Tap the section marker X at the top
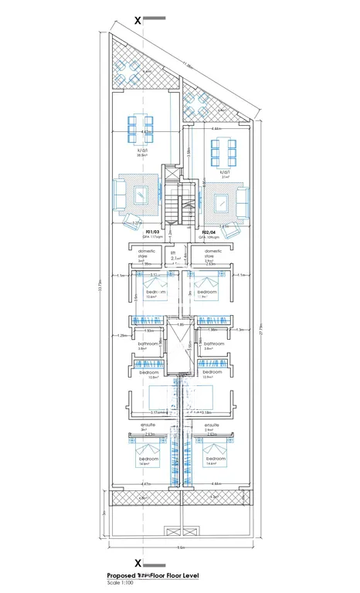pos(138,21)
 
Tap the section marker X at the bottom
pos(138,564)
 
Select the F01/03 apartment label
pos(151,232)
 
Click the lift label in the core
pos(174,252)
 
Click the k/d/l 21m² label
pos(224,174)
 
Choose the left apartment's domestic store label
pos(147,253)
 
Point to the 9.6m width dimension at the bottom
pos(180,547)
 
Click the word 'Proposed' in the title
pos(121,576)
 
